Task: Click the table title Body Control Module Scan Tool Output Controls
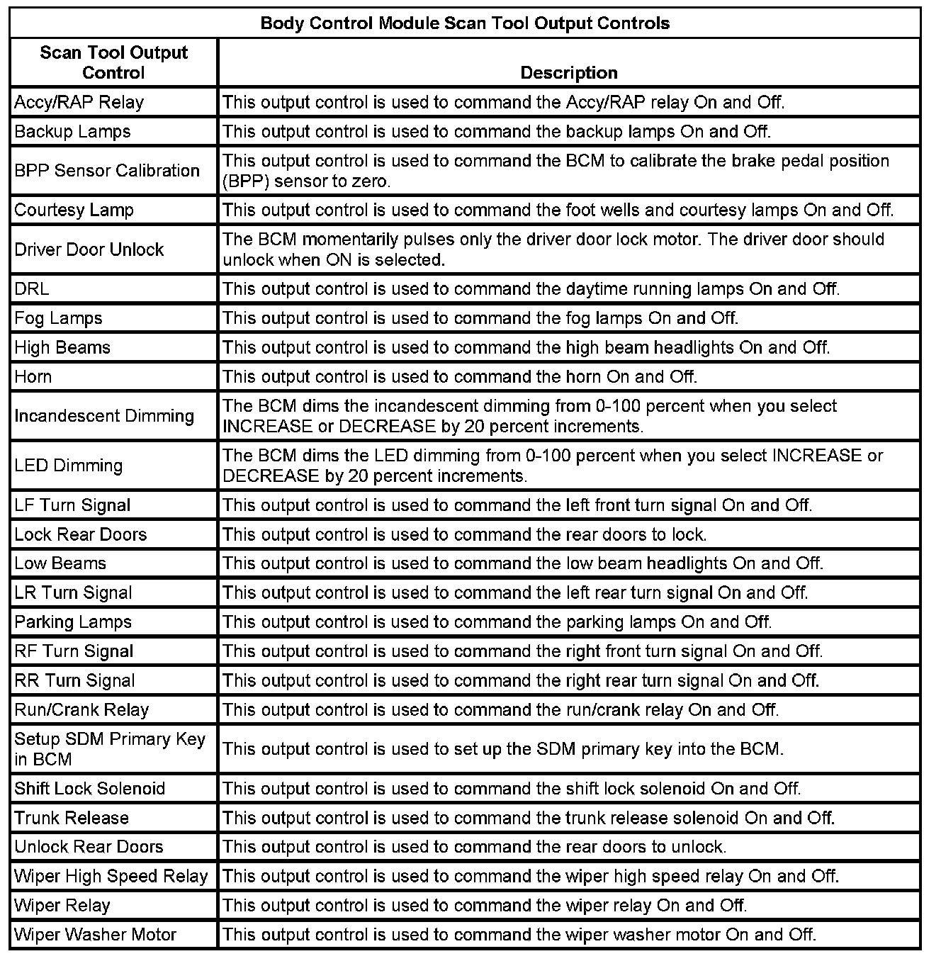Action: (x=465, y=23)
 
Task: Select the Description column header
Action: (x=569, y=73)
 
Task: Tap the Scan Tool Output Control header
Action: (x=113, y=62)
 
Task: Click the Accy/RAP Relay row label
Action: (x=79, y=103)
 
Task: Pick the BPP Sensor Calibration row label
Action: (x=107, y=171)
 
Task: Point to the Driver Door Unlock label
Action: (x=89, y=249)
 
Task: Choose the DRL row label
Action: (x=32, y=289)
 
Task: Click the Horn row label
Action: (x=33, y=376)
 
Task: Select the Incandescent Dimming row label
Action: (x=104, y=416)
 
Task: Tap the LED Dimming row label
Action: (x=69, y=466)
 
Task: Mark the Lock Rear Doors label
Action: (x=81, y=534)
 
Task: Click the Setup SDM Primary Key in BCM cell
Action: (x=110, y=749)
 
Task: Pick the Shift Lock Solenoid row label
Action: (x=89, y=789)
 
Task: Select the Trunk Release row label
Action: (x=72, y=818)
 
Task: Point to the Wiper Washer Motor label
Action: (x=95, y=935)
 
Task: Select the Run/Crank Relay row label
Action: (x=81, y=710)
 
